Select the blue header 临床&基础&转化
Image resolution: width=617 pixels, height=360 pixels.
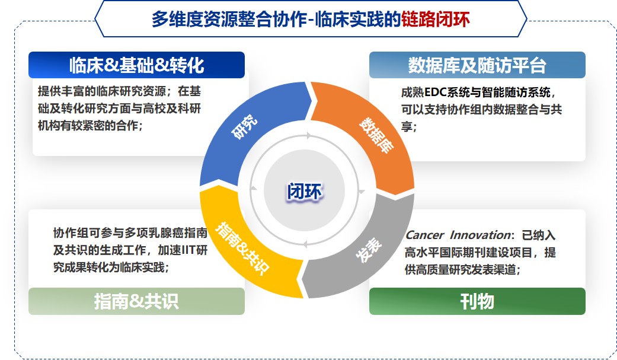coord(136,65)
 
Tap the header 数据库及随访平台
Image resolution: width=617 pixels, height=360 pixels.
coord(477,65)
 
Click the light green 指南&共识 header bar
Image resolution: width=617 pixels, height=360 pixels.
coord(136,301)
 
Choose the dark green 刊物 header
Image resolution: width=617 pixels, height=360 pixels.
coord(477,301)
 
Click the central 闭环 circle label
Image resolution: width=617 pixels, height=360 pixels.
coord(306,192)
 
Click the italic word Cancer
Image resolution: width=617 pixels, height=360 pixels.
coord(423,235)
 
